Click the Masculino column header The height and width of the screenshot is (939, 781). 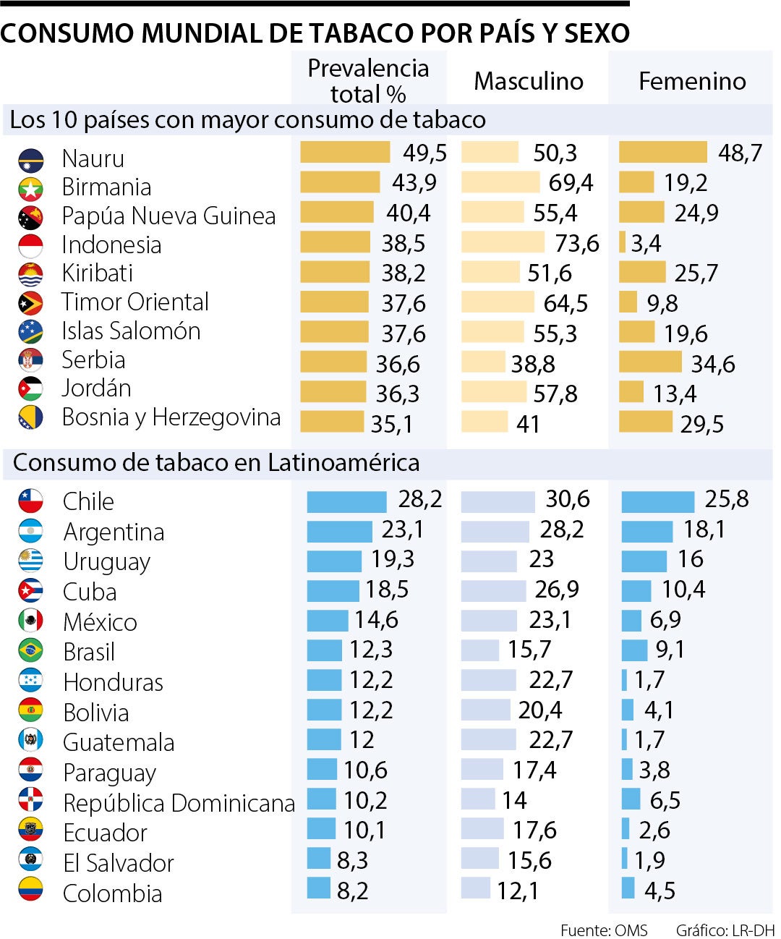(528, 81)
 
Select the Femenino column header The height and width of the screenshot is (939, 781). (691, 81)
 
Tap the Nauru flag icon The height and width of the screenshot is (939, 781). (30, 160)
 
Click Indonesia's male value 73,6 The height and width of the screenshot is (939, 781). (576, 243)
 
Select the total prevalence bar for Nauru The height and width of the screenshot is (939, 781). (345, 152)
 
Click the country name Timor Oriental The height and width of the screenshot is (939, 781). (135, 302)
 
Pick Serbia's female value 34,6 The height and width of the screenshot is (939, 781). (712, 363)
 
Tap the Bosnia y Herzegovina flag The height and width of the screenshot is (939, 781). (30, 417)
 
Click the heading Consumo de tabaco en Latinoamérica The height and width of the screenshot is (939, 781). (215, 463)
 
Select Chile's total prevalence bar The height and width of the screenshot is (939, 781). (346, 501)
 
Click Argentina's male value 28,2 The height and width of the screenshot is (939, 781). (561, 530)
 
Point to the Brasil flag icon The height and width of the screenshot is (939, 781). (30, 650)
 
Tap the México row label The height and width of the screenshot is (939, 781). (100, 622)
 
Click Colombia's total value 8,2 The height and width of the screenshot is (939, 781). (352, 891)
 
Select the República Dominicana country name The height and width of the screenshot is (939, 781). (179, 803)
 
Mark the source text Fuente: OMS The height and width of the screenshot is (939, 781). (604, 930)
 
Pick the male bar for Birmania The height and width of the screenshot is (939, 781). (500, 182)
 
